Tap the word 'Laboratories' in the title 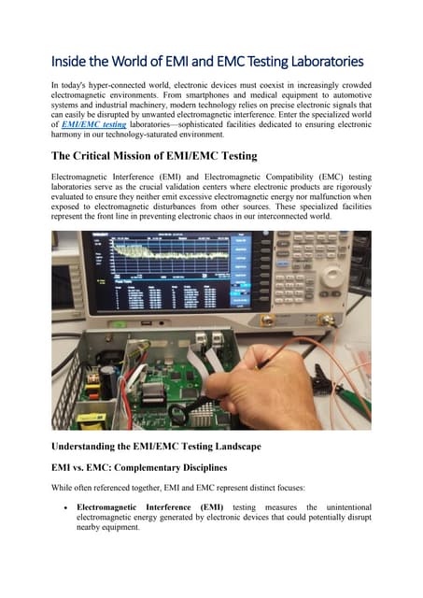(x=321, y=62)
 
